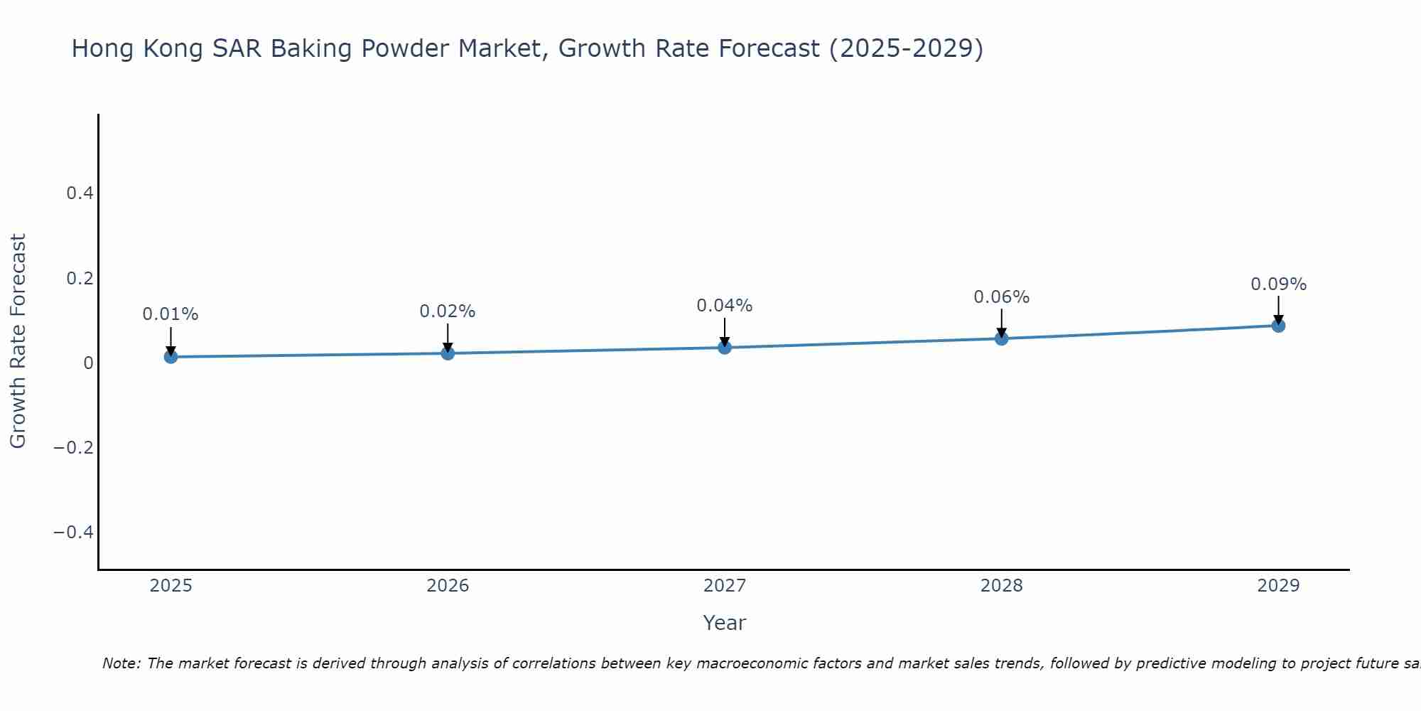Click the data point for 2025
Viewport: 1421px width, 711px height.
[x=171, y=356]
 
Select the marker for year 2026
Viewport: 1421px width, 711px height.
[x=448, y=353]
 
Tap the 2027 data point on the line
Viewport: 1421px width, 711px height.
[x=725, y=347]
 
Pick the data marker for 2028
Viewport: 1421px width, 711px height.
[x=1001, y=338]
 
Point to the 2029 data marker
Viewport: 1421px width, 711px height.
[x=1278, y=326]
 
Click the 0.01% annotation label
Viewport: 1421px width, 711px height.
[x=171, y=314]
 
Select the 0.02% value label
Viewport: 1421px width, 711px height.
[x=448, y=311]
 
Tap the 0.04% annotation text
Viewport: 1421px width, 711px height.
[x=725, y=306]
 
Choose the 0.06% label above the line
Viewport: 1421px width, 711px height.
[x=1001, y=297]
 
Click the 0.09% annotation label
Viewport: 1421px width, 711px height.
[x=1278, y=284]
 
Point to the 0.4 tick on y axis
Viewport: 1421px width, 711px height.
[x=80, y=193]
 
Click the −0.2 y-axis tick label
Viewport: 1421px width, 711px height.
[x=73, y=447]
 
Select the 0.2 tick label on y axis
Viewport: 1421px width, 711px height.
[x=80, y=278]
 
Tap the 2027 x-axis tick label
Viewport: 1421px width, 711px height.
[x=725, y=586]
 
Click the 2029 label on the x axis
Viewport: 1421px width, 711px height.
[x=1278, y=586]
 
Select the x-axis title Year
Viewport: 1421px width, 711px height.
[x=724, y=623]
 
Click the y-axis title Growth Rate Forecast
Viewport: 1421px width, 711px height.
[x=18, y=341]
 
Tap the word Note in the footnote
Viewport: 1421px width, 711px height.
[x=121, y=663]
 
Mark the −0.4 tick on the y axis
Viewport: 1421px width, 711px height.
[x=73, y=532]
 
